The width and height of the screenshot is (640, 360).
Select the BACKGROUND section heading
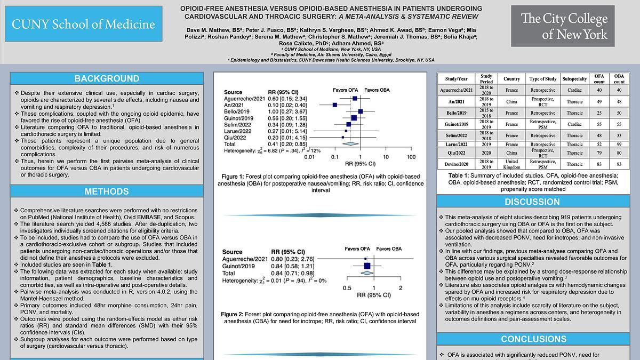(107, 78)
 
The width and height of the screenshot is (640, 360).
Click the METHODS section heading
(107, 191)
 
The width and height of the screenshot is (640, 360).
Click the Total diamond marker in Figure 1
(350, 144)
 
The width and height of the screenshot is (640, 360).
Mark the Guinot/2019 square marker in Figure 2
(367, 266)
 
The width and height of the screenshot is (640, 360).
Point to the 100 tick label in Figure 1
(411, 157)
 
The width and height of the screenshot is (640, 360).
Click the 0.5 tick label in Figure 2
(347, 288)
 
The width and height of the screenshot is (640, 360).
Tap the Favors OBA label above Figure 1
(377, 90)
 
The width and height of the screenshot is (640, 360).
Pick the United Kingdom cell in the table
(511, 164)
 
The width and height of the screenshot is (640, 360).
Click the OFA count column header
(599, 79)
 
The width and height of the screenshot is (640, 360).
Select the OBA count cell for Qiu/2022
(619, 153)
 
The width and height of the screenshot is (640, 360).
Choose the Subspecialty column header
(574, 79)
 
